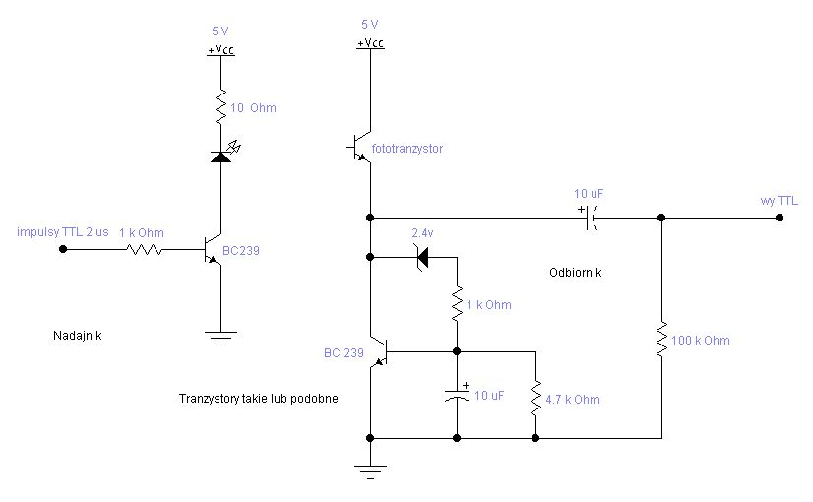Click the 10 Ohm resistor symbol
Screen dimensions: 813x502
220,107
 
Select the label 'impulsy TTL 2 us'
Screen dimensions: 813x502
63,232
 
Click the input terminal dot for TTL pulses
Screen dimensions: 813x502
63,249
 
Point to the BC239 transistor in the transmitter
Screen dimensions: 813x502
214,250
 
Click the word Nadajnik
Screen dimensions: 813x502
77,336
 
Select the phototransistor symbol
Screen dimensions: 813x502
360,148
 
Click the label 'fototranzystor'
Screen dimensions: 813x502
407,149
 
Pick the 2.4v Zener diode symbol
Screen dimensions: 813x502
422,257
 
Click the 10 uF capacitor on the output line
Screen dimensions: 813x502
591,218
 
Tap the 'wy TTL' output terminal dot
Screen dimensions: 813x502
780,218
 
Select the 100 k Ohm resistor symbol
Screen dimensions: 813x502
661,340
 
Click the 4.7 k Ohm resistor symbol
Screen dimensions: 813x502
535,399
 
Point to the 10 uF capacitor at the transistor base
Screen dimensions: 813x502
457,395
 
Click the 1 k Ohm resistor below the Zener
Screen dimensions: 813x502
457,304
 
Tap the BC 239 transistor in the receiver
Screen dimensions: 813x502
380,352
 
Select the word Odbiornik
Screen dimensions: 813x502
576,273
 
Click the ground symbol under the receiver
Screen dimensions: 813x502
370,471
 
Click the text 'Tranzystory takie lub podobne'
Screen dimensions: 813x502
258,399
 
